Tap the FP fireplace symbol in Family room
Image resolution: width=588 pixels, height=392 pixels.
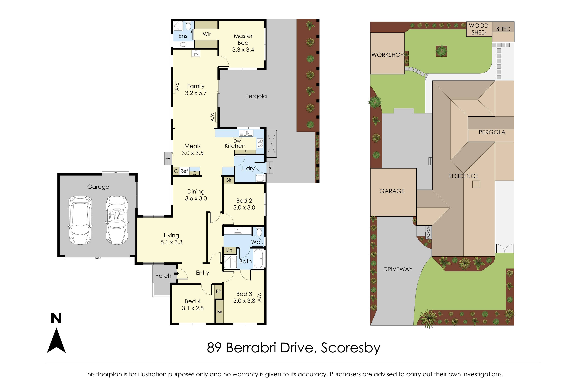196,54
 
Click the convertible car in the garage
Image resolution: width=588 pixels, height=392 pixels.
117,220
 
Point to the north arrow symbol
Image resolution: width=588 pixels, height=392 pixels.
56,340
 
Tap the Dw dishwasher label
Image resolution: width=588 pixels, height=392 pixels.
237,141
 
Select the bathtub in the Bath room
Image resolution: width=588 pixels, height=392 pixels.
259,258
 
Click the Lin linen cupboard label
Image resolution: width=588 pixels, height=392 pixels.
229,250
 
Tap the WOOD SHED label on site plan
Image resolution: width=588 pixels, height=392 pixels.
478,29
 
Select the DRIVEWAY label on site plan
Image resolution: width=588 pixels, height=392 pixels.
398,269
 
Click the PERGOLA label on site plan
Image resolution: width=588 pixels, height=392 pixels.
492,132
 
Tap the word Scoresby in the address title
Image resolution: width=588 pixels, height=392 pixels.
350,348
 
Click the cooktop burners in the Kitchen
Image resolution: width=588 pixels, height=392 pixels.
260,143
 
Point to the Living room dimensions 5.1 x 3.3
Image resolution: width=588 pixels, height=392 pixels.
171,242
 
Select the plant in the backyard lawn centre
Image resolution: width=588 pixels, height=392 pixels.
441,51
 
